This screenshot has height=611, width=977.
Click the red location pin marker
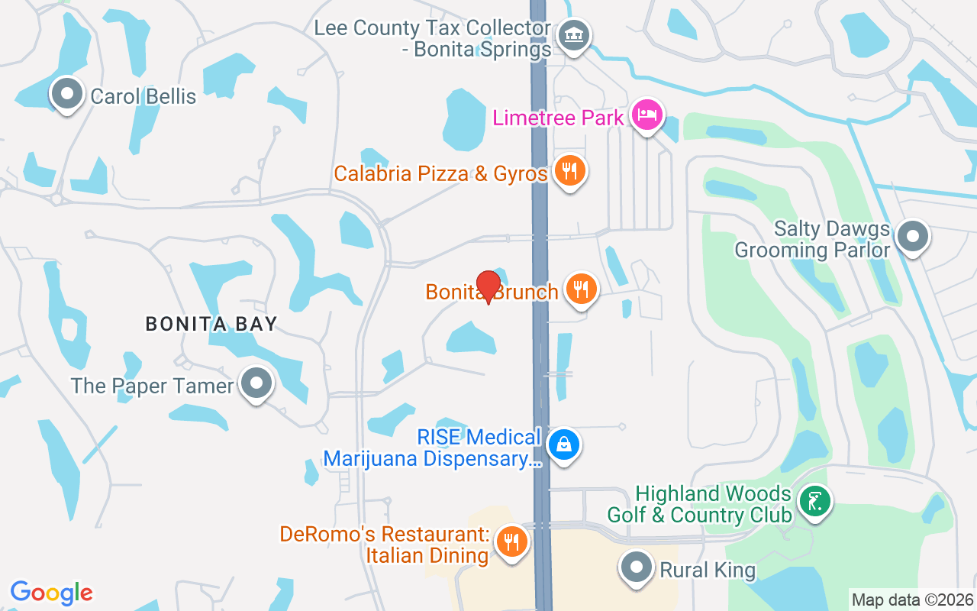coord(488,286)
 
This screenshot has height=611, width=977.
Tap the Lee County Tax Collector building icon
coord(573,34)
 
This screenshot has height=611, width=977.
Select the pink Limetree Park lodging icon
coord(647,116)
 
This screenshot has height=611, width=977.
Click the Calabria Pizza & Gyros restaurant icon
coord(569,171)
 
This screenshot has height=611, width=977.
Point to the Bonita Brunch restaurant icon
coord(582,289)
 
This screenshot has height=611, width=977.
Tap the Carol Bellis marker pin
coord(67,95)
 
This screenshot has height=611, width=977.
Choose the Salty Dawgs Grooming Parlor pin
coord(912,237)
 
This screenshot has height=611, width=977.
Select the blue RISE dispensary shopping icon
coord(563,445)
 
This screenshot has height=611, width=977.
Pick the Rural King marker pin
coord(636,568)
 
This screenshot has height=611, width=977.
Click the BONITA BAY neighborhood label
coord(211,324)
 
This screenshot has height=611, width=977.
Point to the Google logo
coord(52,592)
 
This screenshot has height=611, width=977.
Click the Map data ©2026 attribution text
coord(913,600)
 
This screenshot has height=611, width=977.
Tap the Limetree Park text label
coord(559,118)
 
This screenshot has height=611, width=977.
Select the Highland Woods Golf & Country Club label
coord(699,504)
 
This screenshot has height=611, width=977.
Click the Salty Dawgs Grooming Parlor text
coord(812,239)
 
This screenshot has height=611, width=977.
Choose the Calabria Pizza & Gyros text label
coord(440,173)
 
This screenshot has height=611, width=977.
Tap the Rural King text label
coord(708,570)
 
